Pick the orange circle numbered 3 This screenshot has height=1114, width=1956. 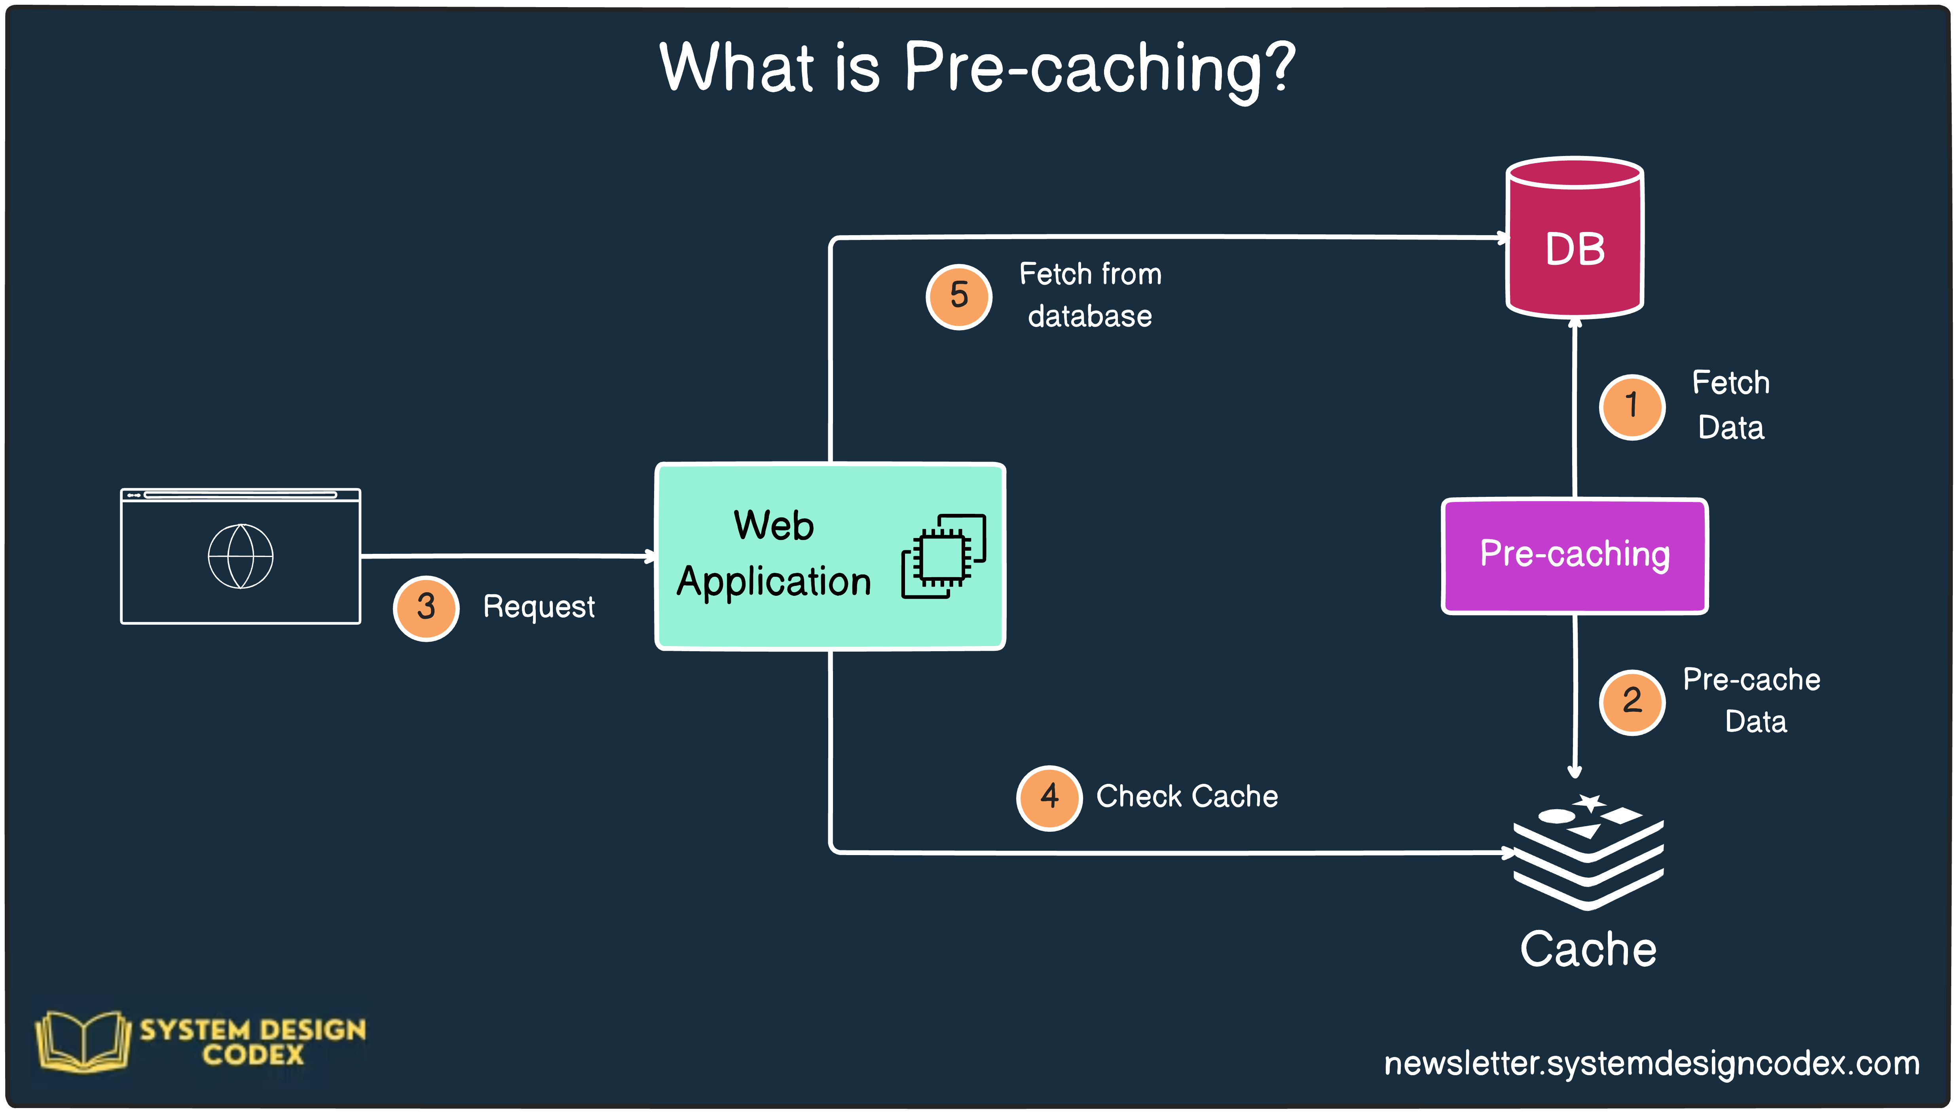(x=426, y=608)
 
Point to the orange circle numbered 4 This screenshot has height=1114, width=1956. (x=1049, y=797)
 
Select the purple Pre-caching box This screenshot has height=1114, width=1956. (x=1575, y=555)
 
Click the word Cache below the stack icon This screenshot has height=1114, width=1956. (x=1588, y=949)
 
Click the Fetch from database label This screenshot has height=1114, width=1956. (x=1090, y=295)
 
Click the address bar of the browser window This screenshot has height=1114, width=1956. (x=240, y=495)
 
